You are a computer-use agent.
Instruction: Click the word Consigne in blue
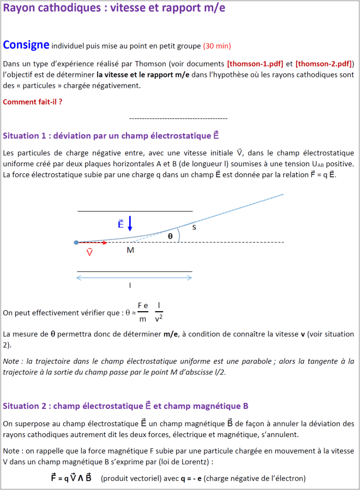(x=26, y=44)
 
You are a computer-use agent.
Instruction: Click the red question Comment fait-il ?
(x=32, y=101)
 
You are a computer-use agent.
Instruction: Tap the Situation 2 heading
(x=125, y=406)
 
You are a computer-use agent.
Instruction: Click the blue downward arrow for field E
(x=129, y=223)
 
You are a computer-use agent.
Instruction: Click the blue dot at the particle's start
(x=76, y=243)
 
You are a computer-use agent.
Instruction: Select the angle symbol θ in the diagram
(x=170, y=236)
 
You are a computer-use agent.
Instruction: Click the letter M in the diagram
(x=130, y=250)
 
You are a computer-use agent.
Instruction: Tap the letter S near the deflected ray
(x=194, y=227)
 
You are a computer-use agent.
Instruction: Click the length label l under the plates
(x=130, y=285)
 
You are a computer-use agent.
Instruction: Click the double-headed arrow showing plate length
(x=134, y=278)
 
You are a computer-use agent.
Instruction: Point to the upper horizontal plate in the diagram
(x=135, y=211)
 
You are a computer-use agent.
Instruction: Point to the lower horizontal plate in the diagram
(x=135, y=271)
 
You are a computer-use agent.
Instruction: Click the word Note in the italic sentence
(x=11, y=361)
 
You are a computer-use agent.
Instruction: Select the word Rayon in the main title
(x=20, y=9)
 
